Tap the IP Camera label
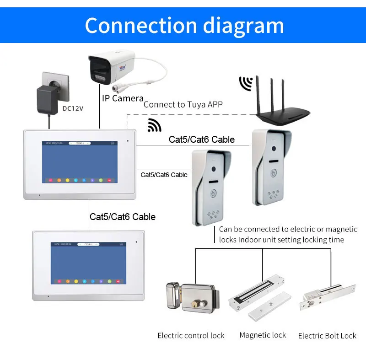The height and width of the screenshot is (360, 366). click(x=122, y=98)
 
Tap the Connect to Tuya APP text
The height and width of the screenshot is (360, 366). click(x=183, y=104)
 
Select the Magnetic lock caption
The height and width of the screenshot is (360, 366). click(x=263, y=335)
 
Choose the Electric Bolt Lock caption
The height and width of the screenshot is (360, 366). click(x=327, y=336)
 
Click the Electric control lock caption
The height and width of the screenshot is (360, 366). click(x=191, y=336)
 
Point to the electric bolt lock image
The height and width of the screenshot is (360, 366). click(x=326, y=296)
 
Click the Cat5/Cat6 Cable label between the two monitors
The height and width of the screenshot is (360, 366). click(x=123, y=216)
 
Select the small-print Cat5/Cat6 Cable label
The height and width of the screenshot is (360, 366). click(x=164, y=175)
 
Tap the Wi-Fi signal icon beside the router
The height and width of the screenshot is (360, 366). click(x=246, y=83)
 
